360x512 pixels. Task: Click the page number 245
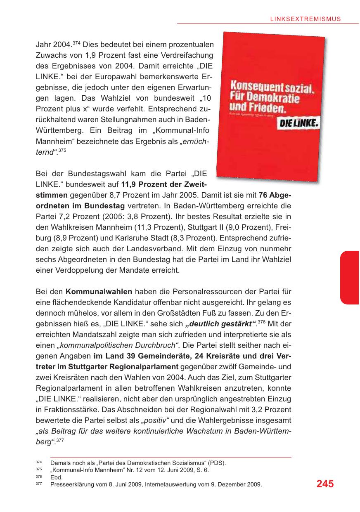325,484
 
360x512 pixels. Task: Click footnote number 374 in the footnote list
39,463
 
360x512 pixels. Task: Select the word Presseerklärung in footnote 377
71,484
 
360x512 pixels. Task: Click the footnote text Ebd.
56,477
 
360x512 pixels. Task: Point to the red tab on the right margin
350,278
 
